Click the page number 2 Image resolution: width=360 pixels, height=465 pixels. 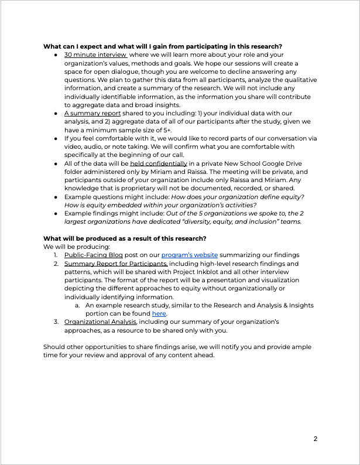tap(316, 439)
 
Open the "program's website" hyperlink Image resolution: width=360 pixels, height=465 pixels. tap(190, 255)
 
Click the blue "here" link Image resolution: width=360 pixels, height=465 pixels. tap(159, 313)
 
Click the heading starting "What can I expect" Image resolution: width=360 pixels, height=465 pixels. tap(163, 46)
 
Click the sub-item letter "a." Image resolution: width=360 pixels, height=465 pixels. tap(77, 305)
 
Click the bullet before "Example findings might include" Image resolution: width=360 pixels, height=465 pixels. tap(55, 213)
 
